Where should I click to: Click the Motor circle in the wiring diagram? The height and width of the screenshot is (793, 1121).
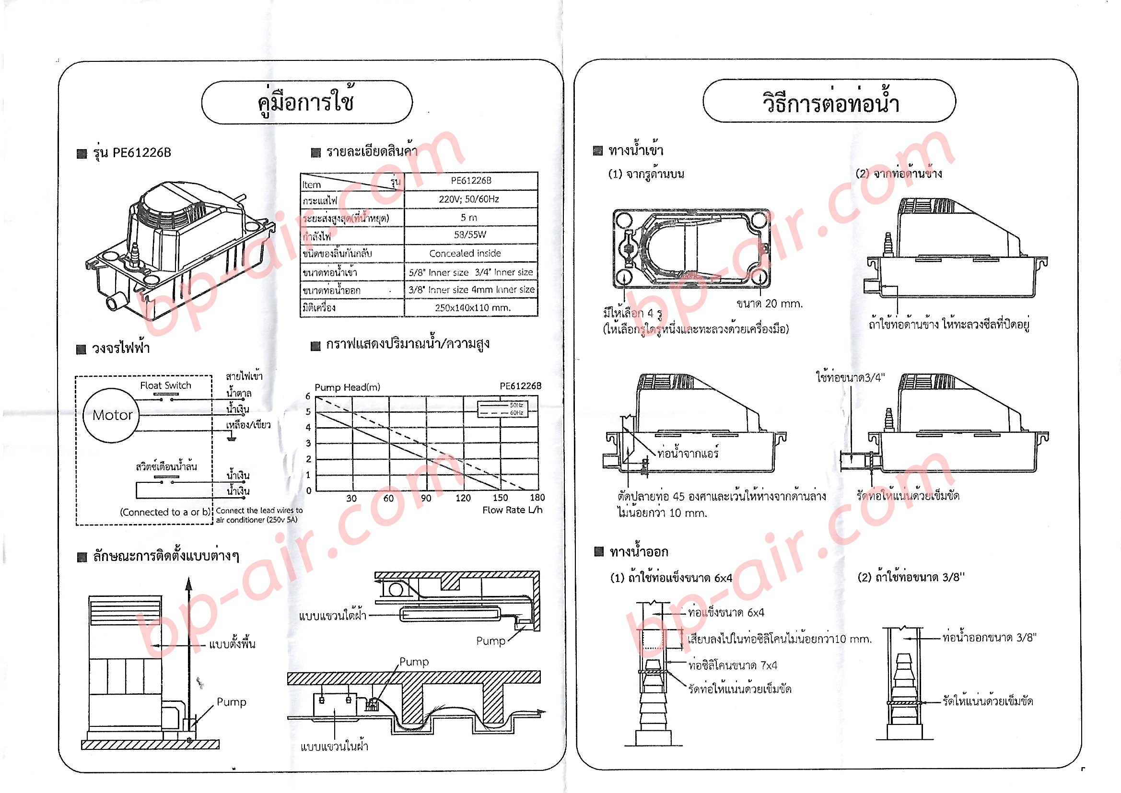coord(112,416)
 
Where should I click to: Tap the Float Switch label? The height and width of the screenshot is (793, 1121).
coord(165,385)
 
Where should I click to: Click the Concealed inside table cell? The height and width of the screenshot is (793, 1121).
coord(464,254)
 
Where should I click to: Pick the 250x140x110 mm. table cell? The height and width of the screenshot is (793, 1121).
coord(472,308)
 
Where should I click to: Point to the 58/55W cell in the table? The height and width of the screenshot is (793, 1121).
coord(469,235)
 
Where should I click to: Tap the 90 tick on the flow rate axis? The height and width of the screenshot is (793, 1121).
coord(426,498)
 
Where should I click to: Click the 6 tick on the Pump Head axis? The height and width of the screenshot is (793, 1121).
coord(308,396)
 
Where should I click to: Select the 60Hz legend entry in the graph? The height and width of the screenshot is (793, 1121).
coord(516,413)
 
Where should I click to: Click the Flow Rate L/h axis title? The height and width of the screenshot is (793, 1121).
coord(512,510)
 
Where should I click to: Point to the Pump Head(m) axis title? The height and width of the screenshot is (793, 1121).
coord(347,387)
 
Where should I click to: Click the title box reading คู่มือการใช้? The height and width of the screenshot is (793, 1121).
coord(306,102)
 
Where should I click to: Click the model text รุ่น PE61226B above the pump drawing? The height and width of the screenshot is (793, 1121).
coord(132,153)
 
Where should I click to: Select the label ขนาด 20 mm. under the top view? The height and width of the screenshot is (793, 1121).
coord(770,303)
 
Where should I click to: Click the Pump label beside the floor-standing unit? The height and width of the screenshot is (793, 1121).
coord(232,702)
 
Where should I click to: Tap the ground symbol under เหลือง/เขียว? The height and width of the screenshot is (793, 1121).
coord(232,438)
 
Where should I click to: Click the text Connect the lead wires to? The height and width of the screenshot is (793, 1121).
coord(259,510)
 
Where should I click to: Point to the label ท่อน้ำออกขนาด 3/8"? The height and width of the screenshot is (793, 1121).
coord(989,638)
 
